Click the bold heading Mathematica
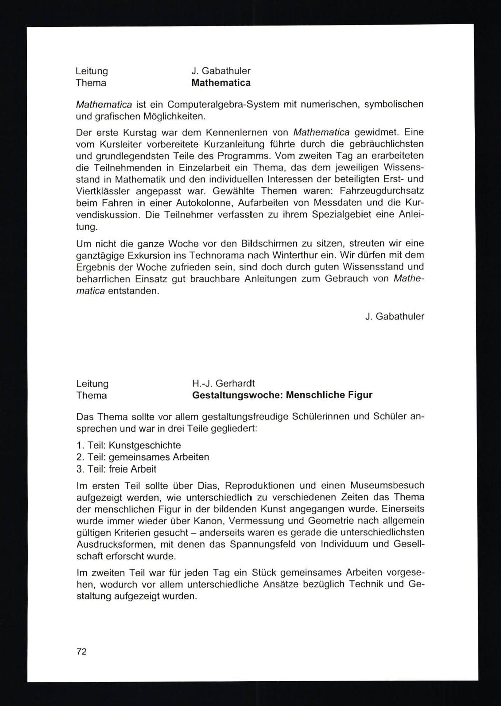(221, 83)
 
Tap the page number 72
(81, 651)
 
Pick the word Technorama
(213, 255)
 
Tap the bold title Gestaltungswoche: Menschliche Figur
(282, 395)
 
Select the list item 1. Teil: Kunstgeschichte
(129, 445)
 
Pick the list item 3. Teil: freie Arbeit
(116, 469)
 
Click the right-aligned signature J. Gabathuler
(394, 316)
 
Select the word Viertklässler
(103, 191)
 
